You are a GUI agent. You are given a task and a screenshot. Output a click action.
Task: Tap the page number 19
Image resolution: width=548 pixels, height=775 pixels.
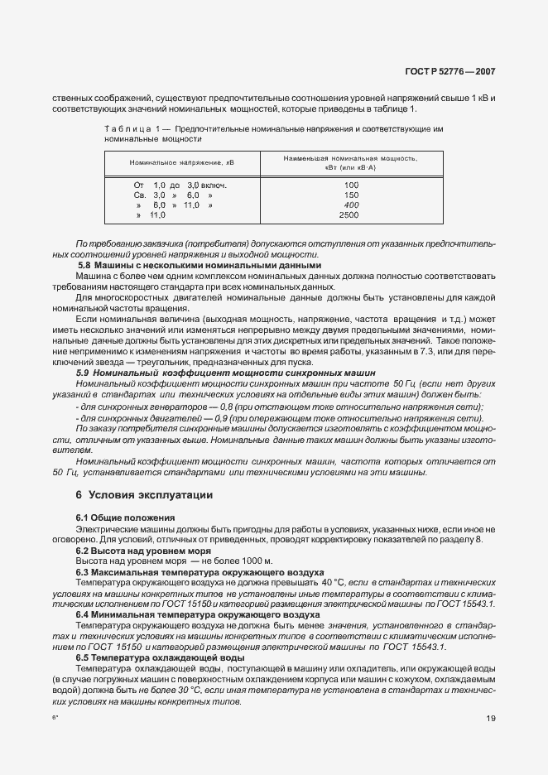(491, 719)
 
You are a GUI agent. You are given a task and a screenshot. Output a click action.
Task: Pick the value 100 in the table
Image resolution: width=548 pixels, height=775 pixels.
(350, 185)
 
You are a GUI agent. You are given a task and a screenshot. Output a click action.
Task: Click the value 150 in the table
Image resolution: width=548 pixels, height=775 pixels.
(350, 195)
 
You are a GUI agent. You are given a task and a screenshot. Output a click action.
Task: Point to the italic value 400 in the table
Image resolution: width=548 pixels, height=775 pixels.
(350, 205)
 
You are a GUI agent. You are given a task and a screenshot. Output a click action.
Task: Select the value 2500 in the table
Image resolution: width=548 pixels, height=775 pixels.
(350, 214)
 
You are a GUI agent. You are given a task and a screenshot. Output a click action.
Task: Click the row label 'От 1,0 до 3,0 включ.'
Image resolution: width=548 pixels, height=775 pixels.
(180, 185)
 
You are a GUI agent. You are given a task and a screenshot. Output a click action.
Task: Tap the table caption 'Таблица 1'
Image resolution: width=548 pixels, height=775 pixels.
(132, 130)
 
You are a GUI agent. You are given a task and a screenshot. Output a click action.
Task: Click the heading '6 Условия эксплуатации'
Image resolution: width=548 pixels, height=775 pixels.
(144, 495)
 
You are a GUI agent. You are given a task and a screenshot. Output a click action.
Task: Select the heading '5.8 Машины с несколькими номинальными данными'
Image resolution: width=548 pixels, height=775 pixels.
(198, 265)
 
